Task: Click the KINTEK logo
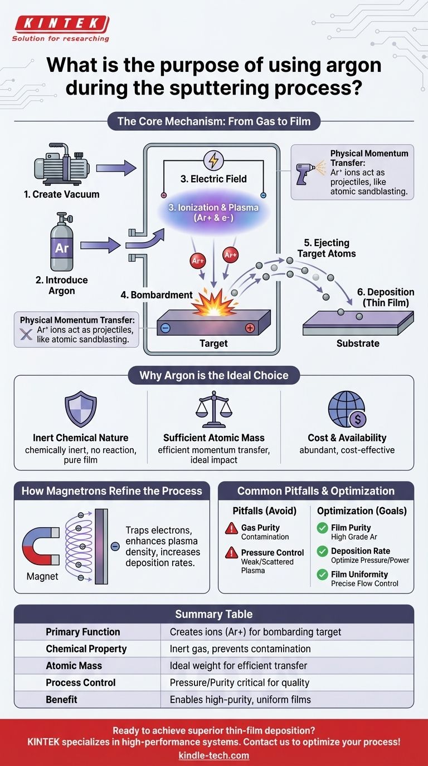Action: [x=61, y=24]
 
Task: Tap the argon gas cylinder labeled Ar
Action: [x=62, y=245]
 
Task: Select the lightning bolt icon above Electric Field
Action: [x=213, y=160]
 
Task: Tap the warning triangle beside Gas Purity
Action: [x=231, y=529]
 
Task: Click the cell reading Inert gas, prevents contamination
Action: [x=240, y=649]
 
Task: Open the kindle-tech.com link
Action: [x=214, y=755]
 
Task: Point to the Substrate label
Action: [x=358, y=343]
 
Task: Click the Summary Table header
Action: [x=214, y=615]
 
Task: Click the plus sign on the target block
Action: [x=250, y=328]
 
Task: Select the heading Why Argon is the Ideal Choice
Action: [x=214, y=375]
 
